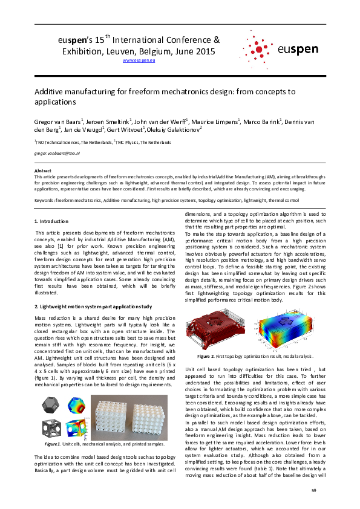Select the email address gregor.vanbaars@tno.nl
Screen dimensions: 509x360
point(53,154)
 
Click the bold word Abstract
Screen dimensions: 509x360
point(42,171)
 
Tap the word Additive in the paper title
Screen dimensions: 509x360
point(51,92)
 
